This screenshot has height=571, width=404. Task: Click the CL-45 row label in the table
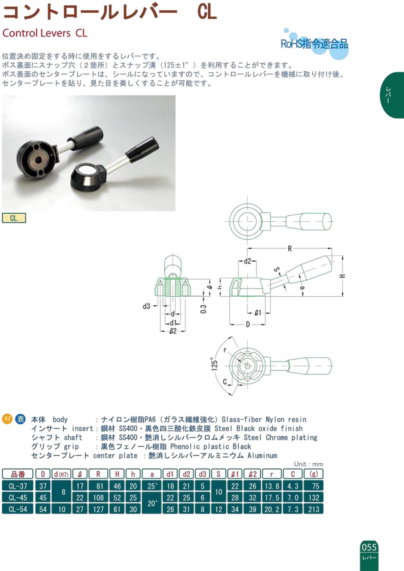click(x=18, y=497)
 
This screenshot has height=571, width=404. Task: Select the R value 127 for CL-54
click(x=98, y=509)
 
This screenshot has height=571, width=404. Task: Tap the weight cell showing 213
click(x=313, y=509)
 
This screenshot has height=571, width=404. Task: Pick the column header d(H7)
click(x=61, y=474)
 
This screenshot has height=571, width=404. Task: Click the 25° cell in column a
click(x=152, y=486)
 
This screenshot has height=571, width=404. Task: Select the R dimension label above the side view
click(x=290, y=249)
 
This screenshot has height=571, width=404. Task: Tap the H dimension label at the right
click(x=343, y=276)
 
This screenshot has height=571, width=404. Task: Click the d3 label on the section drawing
click(x=146, y=306)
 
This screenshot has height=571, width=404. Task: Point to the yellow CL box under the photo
click(x=14, y=218)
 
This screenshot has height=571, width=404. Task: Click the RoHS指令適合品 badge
click(x=314, y=44)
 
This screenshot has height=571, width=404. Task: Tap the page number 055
click(x=369, y=547)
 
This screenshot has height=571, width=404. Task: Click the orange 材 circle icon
click(x=7, y=419)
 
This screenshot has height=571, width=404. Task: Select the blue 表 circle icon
click(x=20, y=419)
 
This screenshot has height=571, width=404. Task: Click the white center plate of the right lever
click(x=86, y=169)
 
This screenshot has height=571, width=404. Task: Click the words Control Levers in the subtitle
click(x=36, y=33)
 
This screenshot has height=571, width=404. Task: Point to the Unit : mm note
click(x=308, y=464)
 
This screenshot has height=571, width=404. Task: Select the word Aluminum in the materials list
click(x=262, y=456)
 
